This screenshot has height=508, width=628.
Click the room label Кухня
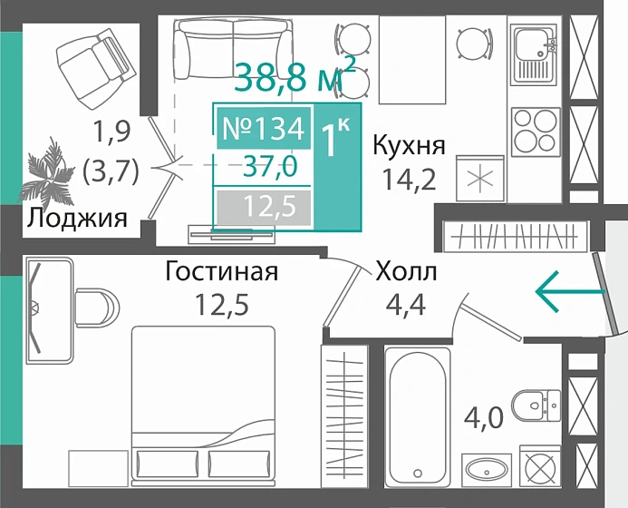click(x=409, y=145)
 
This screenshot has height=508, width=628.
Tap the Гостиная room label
click(x=221, y=271)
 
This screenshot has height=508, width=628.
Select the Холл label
click(x=406, y=271)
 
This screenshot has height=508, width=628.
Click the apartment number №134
click(x=262, y=129)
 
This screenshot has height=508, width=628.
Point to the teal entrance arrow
click(x=569, y=291)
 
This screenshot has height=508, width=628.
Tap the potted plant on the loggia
click(x=47, y=175)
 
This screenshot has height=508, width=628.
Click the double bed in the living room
click(x=203, y=408)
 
